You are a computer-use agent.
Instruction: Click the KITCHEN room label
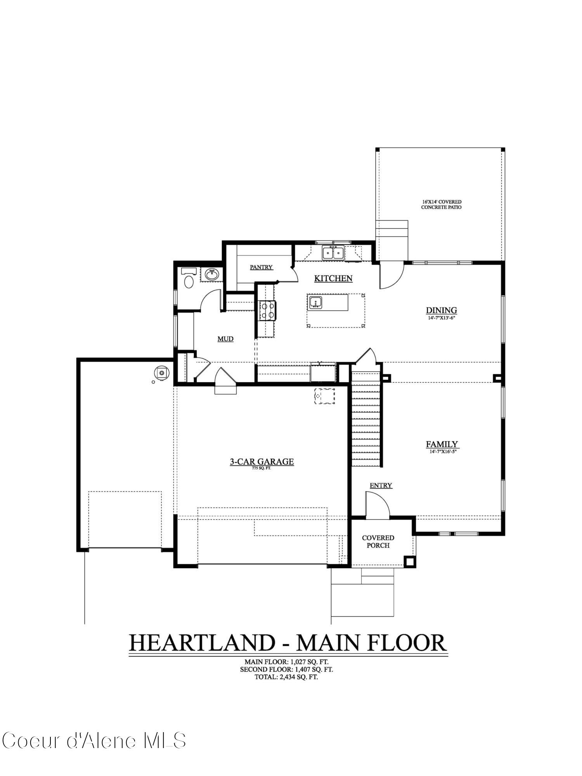click(x=333, y=278)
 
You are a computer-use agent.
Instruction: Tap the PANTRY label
click(x=261, y=267)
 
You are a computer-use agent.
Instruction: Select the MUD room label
click(x=225, y=339)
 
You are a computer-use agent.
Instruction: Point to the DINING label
click(x=441, y=310)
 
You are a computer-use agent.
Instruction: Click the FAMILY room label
click(x=442, y=444)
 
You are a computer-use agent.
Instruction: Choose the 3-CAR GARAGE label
click(x=262, y=462)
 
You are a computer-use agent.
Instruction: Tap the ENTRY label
click(x=381, y=485)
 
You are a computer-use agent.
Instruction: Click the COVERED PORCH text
click(x=378, y=541)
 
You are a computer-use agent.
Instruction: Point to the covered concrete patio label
click(x=441, y=204)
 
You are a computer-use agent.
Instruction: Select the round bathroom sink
click(x=211, y=275)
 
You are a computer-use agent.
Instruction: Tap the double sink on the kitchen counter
click(x=333, y=253)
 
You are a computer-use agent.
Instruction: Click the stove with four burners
click(x=267, y=310)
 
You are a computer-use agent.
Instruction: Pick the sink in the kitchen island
click(x=315, y=302)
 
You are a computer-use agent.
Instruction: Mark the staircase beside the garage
click(x=366, y=419)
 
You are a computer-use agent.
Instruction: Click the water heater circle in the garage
click(x=161, y=373)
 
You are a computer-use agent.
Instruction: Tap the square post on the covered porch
click(x=409, y=561)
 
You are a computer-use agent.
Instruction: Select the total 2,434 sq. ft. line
click(x=286, y=677)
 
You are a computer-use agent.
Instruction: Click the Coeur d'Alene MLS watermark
click(x=94, y=740)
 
